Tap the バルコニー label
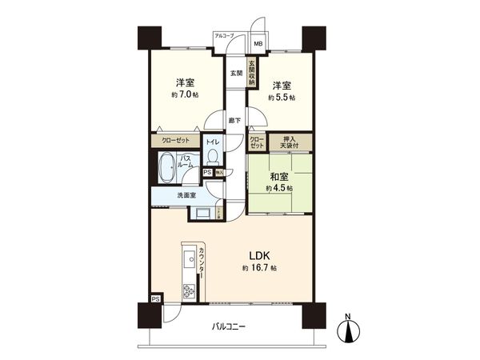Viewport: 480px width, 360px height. point(230,326)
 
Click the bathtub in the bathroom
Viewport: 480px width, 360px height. point(166,170)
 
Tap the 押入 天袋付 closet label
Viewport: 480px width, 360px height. point(289,142)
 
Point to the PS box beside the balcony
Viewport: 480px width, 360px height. point(155,298)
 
